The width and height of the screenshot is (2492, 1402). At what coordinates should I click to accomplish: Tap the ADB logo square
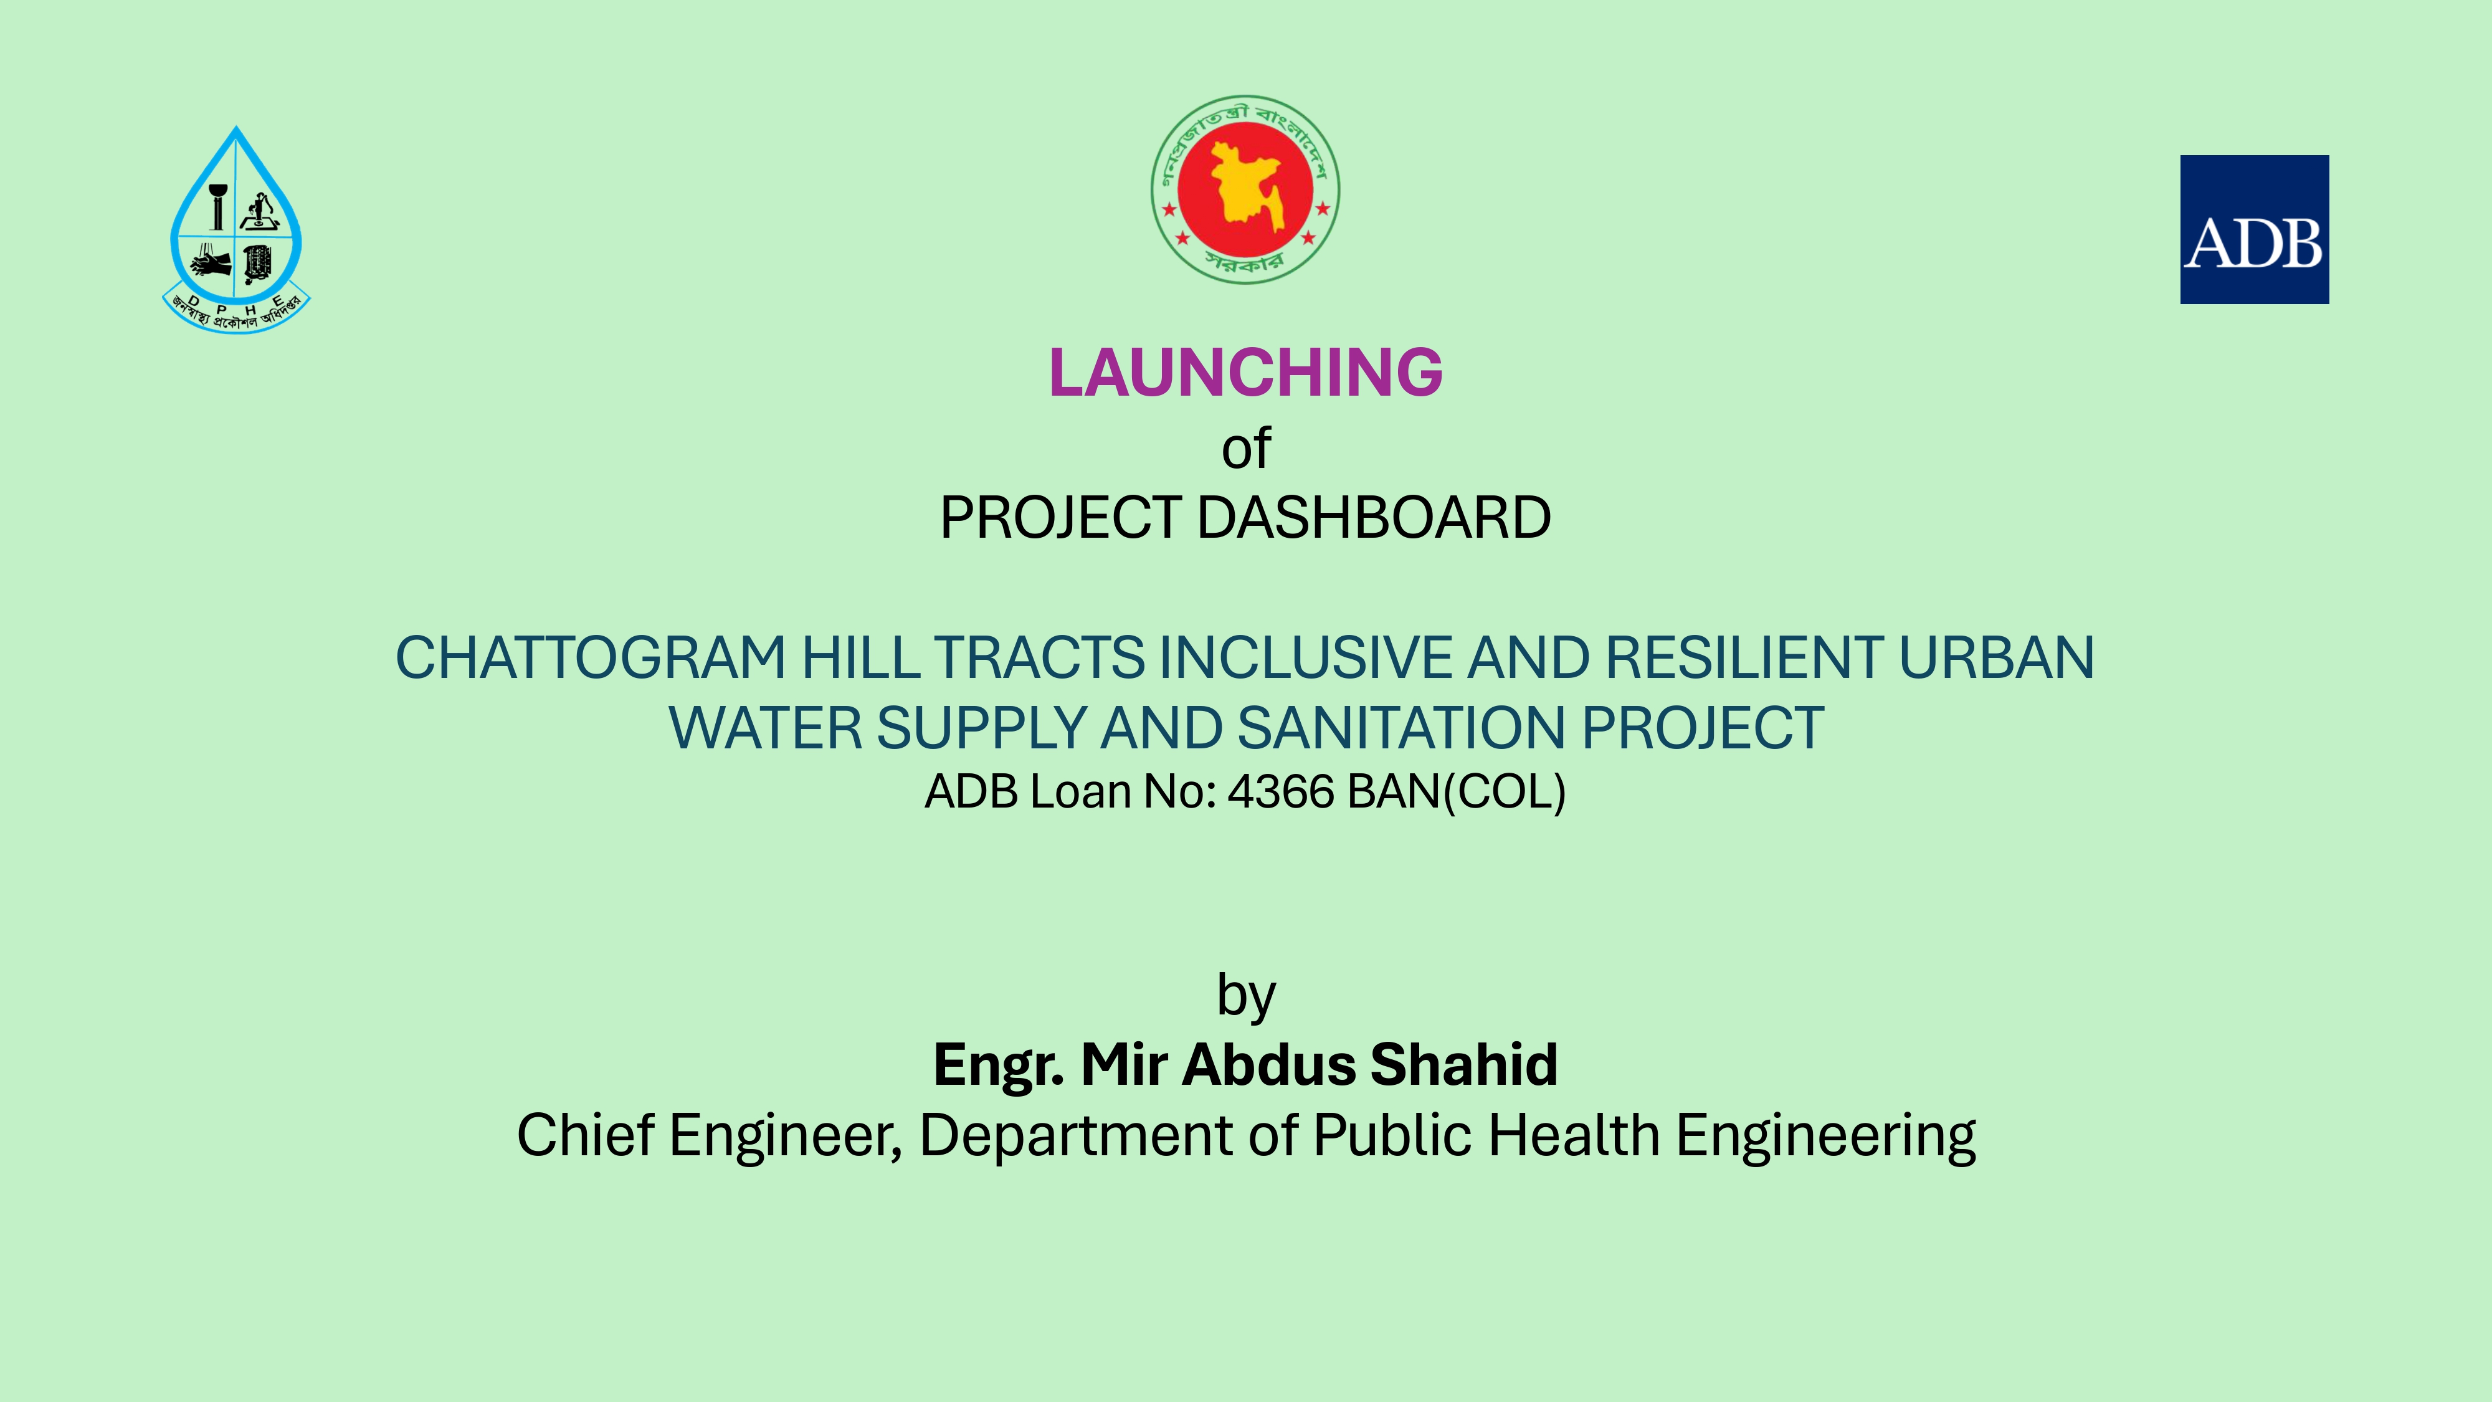coord(2254,229)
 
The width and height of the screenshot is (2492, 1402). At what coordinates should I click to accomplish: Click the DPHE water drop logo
coord(236,231)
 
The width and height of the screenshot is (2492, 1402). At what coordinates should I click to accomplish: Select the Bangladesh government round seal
coord(1245,189)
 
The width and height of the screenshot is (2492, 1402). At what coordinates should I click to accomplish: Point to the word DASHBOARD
coord(1374,518)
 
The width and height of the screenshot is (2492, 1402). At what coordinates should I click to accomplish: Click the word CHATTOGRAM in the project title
coord(590,658)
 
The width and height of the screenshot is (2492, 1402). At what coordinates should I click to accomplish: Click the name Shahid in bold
coord(1463,1064)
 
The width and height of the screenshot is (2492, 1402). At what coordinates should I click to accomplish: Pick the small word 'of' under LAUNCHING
coord(1246,449)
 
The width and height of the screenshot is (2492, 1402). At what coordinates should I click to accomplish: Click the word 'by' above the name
coord(1246,996)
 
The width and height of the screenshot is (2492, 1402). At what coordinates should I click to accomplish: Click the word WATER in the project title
coord(765,728)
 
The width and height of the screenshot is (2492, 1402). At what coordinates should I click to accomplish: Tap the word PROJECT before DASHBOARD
coord(1060,518)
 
